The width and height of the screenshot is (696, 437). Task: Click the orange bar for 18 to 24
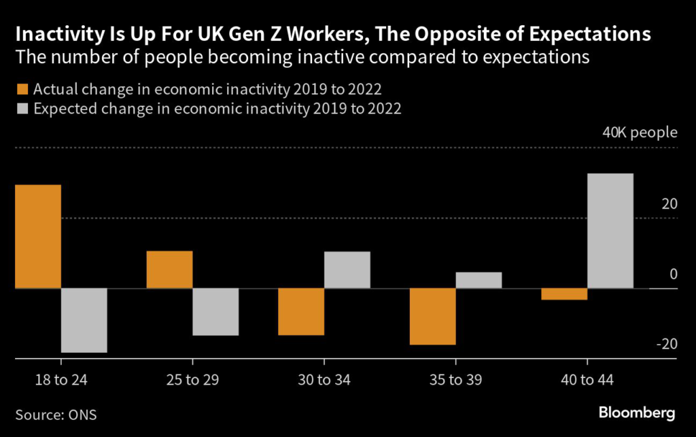point(38,237)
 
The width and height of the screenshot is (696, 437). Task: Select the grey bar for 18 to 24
point(84,320)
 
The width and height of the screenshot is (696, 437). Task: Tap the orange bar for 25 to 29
point(170,270)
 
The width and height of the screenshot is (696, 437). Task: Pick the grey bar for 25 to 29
point(215,312)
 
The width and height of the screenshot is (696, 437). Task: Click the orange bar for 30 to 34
point(301,312)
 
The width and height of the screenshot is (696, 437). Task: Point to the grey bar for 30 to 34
point(347,270)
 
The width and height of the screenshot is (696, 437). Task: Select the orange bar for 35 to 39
point(433,317)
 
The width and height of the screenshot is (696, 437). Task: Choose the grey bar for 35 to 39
point(478,280)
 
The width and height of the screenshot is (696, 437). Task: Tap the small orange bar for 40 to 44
point(565,294)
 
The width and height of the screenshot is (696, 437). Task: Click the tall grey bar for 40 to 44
point(610,231)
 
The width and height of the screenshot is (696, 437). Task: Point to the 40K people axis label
point(640,132)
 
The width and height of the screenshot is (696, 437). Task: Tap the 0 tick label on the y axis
point(673,274)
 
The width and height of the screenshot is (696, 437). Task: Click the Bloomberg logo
point(636,413)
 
